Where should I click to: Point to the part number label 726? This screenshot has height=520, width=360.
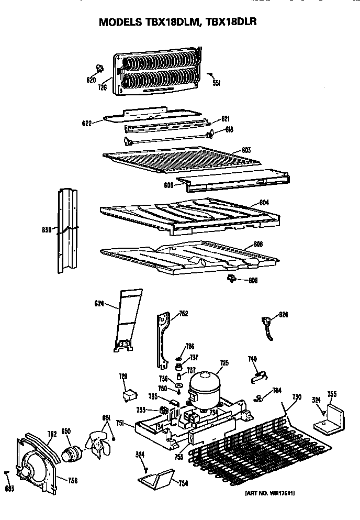click(103, 87)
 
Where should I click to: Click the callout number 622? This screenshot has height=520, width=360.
click(87, 124)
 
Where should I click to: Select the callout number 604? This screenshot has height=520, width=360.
click(264, 203)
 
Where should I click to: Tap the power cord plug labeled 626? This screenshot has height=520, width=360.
click(268, 323)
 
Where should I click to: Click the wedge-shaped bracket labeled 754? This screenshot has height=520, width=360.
click(158, 477)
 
